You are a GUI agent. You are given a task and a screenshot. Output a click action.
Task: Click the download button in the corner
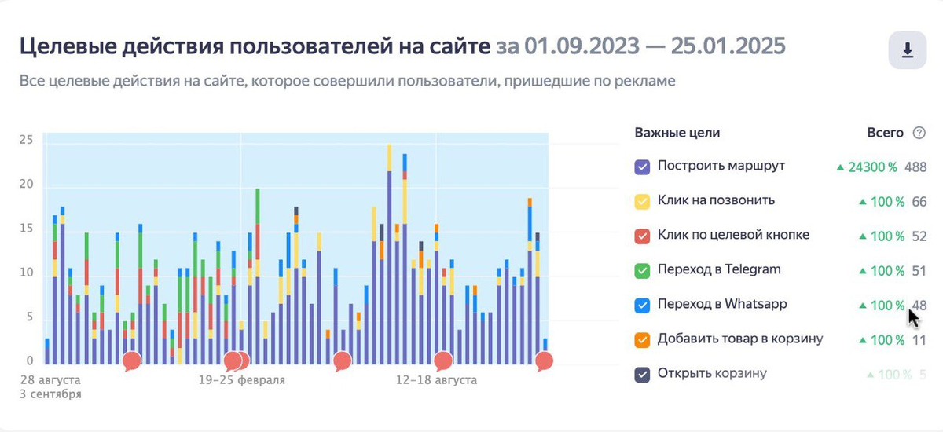tap(907, 50)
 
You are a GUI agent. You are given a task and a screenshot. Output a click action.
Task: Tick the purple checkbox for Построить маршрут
tap(641, 167)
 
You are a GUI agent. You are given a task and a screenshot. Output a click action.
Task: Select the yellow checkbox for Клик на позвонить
tap(641, 201)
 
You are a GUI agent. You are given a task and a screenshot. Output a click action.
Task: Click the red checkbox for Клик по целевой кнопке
tap(641, 236)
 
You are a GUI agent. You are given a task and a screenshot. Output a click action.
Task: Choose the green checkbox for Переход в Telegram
tap(641, 270)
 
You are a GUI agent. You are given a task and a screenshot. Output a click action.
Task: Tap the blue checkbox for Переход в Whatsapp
tap(641, 305)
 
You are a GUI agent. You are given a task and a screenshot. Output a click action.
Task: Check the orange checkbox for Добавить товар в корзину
tap(641, 339)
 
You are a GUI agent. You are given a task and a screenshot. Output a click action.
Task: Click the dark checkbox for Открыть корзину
tap(641, 374)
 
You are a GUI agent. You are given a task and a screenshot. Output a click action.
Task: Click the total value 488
tap(915, 167)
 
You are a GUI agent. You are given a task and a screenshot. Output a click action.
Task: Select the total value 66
tap(919, 201)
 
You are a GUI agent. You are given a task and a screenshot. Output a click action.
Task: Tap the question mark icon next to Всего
tap(919, 134)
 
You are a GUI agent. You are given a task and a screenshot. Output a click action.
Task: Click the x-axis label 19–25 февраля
tap(241, 380)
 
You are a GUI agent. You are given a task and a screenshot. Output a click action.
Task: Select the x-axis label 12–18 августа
tap(436, 380)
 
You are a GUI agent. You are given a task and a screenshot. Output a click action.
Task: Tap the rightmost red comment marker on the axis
tap(544, 361)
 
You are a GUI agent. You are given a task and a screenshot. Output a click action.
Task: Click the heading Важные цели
tap(677, 133)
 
